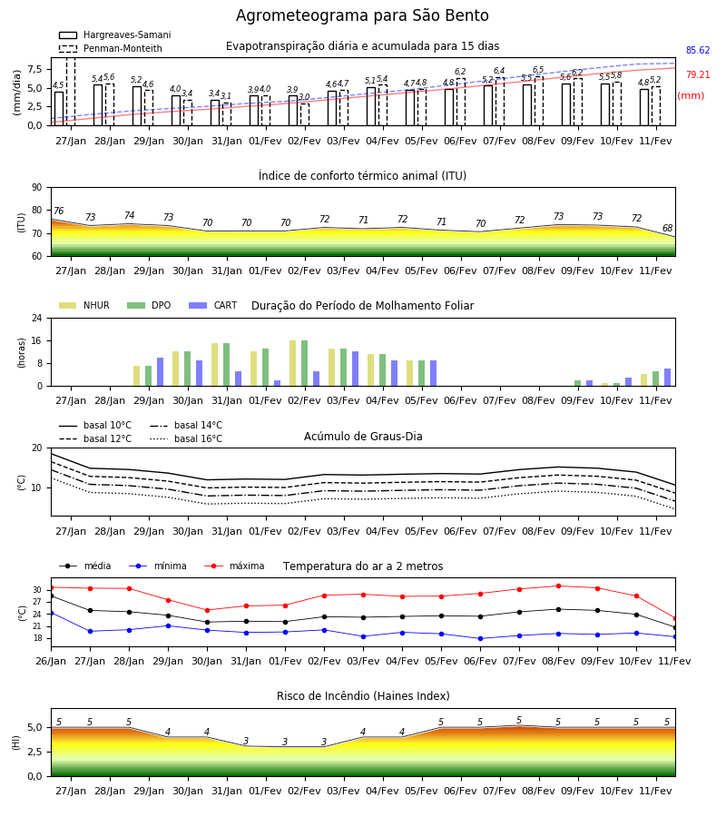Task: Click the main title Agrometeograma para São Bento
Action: tap(362, 15)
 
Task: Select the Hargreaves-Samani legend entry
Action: tap(114, 34)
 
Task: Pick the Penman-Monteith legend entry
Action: tap(111, 48)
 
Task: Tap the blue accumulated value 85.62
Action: tap(698, 51)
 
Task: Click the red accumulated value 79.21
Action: tap(698, 75)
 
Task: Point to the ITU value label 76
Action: tap(58, 211)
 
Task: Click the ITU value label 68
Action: tap(667, 228)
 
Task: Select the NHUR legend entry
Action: tap(84, 305)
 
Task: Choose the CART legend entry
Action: tap(213, 305)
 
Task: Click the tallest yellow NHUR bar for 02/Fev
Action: tap(293, 363)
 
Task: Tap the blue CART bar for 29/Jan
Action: tap(160, 372)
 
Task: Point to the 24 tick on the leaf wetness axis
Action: tap(37, 318)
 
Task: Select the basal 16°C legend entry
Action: tap(186, 438)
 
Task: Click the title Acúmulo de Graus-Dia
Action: tap(363, 437)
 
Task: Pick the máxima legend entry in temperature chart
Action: tap(234, 566)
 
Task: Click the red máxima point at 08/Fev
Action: tap(559, 586)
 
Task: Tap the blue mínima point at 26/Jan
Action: tap(51, 614)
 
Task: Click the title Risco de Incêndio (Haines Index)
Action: tap(363, 696)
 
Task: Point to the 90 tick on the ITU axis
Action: tap(37, 188)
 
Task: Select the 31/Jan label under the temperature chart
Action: tap(246, 661)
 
